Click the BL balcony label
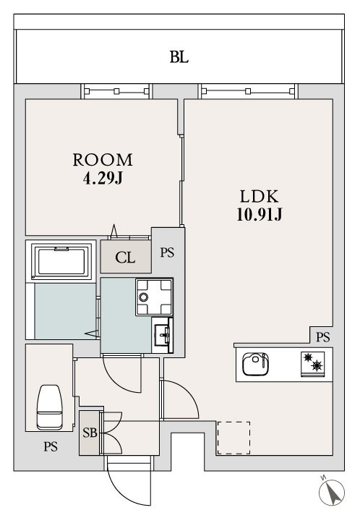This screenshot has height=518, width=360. pyautogui.click(x=179, y=57)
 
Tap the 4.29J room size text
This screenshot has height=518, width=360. pyautogui.click(x=103, y=179)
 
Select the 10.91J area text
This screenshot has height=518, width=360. pyautogui.click(x=260, y=215)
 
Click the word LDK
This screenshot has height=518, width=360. pyautogui.click(x=259, y=197)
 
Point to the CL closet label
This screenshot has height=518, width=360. pyautogui.click(x=125, y=258)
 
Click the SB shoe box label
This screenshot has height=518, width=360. pyautogui.click(x=90, y=433)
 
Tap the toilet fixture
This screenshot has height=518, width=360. pyautogui.click(x=49, y=407)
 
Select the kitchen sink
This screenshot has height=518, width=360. pyautogui.click(x=255, y=364)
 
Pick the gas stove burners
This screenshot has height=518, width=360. pyautogui.click(x=312, y=363)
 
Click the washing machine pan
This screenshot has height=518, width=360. pyautogui.click(x=154, y=297)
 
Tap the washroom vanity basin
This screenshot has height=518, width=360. pyautogui.click(x=163, y=335)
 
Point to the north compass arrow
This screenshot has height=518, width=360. pyautogui.click(x=334, y=493)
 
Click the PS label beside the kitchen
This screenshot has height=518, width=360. pyautogui.click(x=322, y=337)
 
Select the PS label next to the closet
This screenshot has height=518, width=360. pyautogui.click(x=167, y=252)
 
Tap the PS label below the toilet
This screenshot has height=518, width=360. pyautogui.click(x=51, y=446)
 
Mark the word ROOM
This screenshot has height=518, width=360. pyautogui.click(x=103, y=160)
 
